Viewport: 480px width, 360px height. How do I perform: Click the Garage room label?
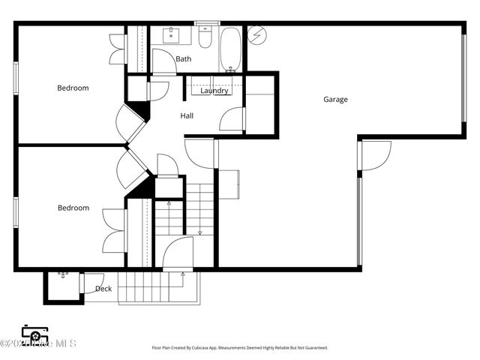click(335, 99)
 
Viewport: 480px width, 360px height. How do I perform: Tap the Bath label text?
click(184, 58)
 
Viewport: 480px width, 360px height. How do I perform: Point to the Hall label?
click(187, 116)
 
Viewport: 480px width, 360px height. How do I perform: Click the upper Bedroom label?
click(73, 88)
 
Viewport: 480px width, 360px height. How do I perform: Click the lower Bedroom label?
click(73, 208)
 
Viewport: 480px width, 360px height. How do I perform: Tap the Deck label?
click(103, 288)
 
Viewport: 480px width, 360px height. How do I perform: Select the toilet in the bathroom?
click(205, 37)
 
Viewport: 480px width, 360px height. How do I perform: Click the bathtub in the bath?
click(230, 49)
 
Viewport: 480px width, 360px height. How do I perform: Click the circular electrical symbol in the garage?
click(256, 34)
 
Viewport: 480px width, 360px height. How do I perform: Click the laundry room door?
click(234, 118)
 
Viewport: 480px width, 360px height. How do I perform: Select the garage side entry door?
click(375, 154)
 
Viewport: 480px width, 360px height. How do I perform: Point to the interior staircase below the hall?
click(199, 210)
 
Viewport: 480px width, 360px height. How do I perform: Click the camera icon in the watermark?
click(34, 334)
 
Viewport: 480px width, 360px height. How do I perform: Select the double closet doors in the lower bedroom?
click(113, 229)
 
